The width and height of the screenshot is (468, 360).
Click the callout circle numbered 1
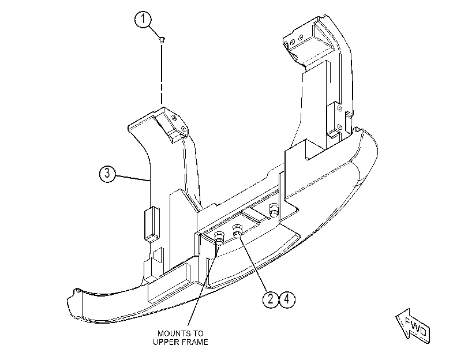143,20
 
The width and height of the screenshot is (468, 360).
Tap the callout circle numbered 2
271,299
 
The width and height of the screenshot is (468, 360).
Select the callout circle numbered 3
107,174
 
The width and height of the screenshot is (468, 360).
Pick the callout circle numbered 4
287,299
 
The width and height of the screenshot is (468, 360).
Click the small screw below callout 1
162,40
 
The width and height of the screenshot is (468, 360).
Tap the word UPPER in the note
165,342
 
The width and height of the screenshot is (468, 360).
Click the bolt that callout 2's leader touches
238,230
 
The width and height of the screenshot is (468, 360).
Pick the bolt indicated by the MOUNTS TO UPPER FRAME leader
219,237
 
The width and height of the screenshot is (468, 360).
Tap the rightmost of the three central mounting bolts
274,209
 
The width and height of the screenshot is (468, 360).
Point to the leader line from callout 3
133,178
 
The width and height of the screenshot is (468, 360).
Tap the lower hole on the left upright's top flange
184,130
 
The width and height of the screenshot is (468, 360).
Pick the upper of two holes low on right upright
340,108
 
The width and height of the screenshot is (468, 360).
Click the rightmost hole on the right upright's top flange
301,37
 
